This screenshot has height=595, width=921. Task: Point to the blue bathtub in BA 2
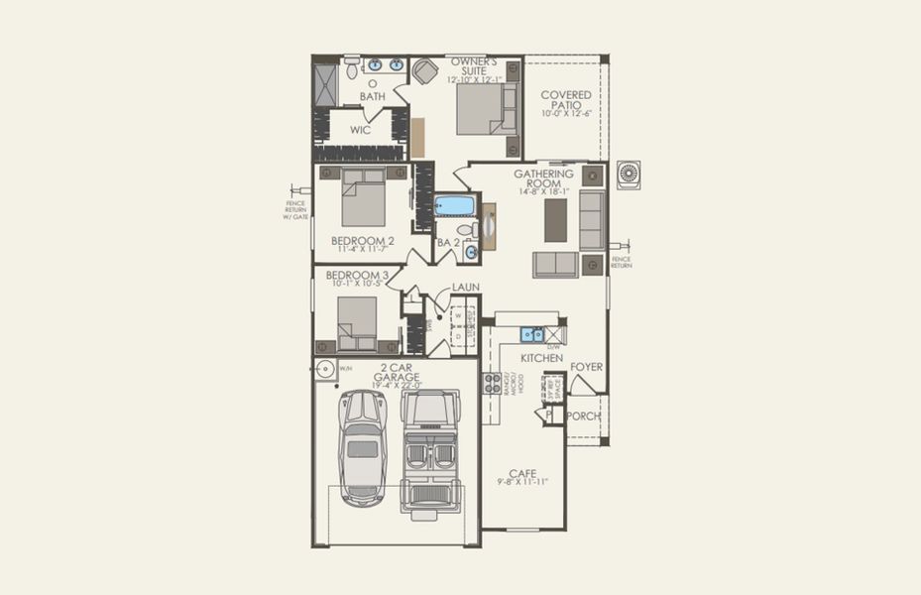tap(456, 206)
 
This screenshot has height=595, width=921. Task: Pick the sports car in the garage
tap(361, 447)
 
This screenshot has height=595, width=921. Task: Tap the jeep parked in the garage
tap(430, 451)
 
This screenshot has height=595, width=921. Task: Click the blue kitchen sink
tap(531, 334)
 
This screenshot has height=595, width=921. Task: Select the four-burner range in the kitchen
tap(492, 384)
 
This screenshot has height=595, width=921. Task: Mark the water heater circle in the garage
tap(325, 369)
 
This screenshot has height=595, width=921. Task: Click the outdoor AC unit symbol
tap(630, 175)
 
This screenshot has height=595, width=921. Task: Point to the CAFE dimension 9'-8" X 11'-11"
tap(522, 482)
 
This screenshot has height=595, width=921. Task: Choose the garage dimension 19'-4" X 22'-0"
tap(398, 386)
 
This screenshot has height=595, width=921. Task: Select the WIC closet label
tap(360, 130)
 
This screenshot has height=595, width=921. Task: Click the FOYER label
tap(586, 367)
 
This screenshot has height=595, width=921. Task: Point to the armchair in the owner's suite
tap(424, 71)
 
